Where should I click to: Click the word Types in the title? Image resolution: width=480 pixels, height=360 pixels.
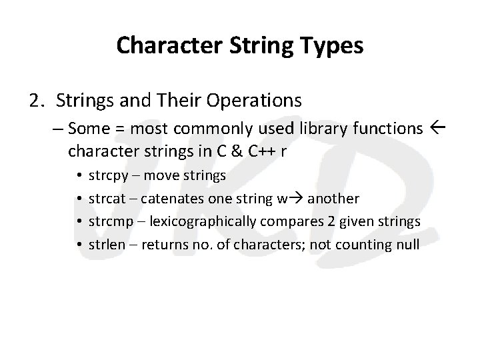(332, 46)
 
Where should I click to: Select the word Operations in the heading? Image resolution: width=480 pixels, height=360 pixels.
(257, 101)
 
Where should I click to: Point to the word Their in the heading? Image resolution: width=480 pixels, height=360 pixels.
(185, 101)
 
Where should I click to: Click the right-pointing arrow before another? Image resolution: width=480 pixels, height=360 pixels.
(295, 199)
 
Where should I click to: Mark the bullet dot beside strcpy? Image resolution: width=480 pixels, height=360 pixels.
(79, 177)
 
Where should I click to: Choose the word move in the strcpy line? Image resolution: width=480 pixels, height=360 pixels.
(159, 176)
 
